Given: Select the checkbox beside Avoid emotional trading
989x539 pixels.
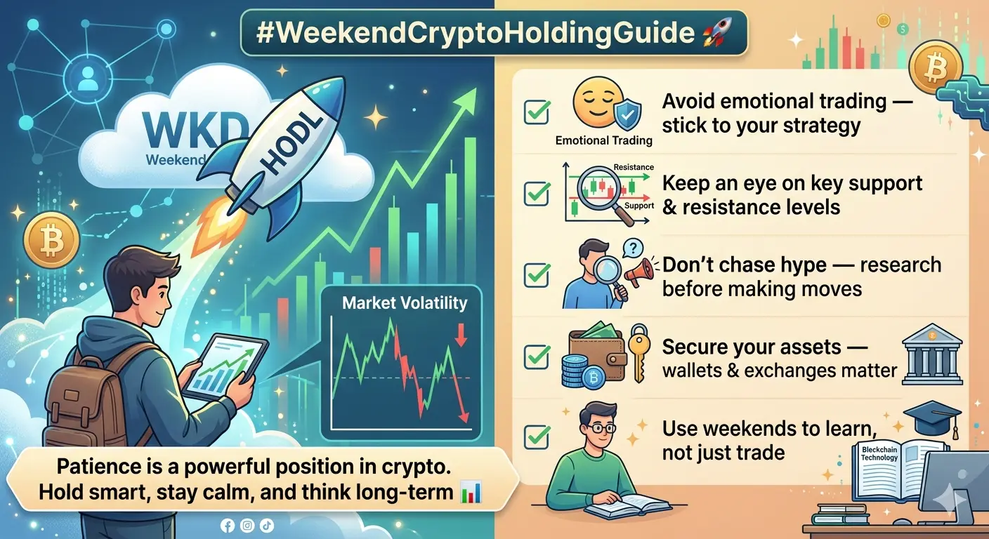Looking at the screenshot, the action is click(x=537, y=112).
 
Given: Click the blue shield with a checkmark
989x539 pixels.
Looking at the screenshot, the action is click(x=628, y=114).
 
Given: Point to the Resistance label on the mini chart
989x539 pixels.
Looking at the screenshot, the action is click(x=634, y=167).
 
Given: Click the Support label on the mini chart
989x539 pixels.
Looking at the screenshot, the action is click(x=639, y=206).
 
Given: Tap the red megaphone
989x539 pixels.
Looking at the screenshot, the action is click(x=639, y=272).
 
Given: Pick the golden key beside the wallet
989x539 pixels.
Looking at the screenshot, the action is click(x=639, y=353).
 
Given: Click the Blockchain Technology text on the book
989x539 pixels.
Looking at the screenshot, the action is click(x=879, y=453).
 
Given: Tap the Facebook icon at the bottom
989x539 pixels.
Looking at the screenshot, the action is click(x=228, y=526).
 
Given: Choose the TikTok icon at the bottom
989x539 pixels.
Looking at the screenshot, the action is click(x=267, y=526).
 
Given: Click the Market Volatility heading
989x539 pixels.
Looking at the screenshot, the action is click(x=405, y=303).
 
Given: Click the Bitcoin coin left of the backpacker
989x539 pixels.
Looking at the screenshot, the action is click(x=52, y=241).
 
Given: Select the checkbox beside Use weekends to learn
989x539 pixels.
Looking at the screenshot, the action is click(x=537, y=437).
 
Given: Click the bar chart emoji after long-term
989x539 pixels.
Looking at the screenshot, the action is click(x=471, y=492).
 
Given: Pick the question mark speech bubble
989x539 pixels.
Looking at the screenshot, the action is click(x=633, y=248).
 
